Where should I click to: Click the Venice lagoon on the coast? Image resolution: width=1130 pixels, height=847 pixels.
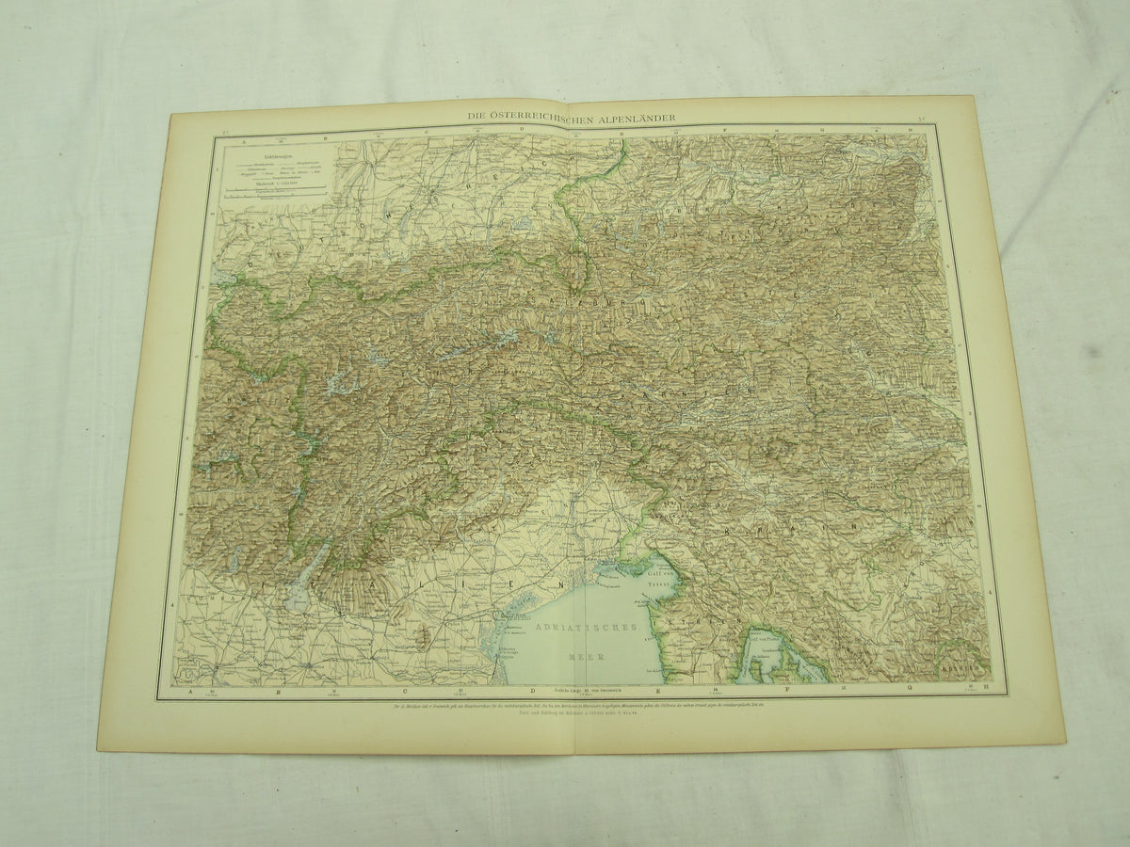(513, 616)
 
